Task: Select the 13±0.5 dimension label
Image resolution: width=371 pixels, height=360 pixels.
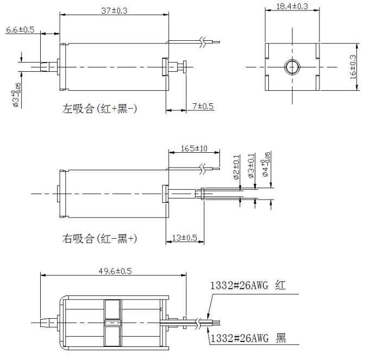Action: click(x=184, y=237)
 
